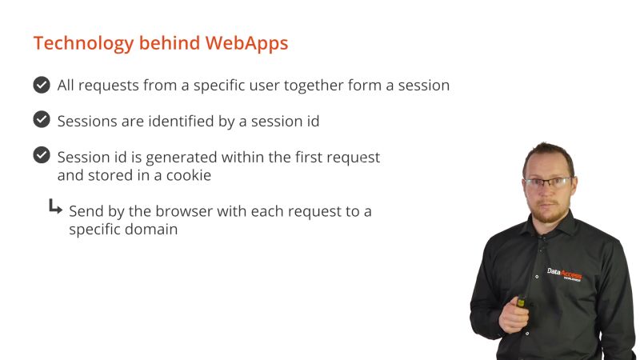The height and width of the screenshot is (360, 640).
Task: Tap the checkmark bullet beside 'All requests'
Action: pyautogui.click(x=42, y=85)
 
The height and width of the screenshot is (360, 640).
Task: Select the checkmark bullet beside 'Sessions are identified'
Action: pyautogui.click(x=42, y=120)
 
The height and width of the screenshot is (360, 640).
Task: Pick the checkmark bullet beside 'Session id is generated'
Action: pyautogui.click(x=42, y=155)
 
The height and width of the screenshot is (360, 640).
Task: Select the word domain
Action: pyautogui.click(x=150, y=230)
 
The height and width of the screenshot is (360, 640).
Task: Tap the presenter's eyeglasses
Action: pyautogui.click(x=549, y=183)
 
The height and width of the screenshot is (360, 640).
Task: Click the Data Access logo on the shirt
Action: pyautogui.click(x=564, y=274)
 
